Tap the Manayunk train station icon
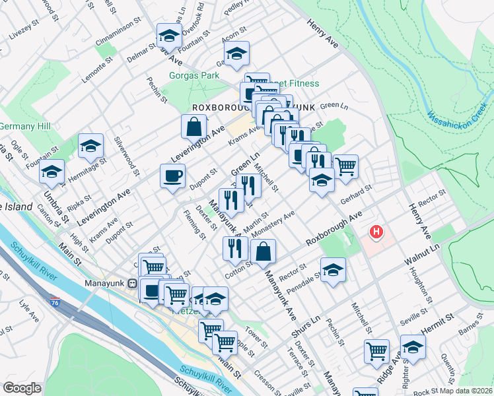pyautogui.click(x=132, y=284)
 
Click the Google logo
pyautogui.click(x=22, y=388)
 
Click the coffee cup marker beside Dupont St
pyautogui.click(x=173, y=176)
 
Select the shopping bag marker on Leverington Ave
pyautogui.click(x=195, y=126)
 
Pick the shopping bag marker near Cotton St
pyautogui.click(x=263, y=251)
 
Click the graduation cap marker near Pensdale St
pyautogui.click(x=334, y=269)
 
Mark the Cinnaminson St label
pyautogui.click(x=118, y=31)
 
